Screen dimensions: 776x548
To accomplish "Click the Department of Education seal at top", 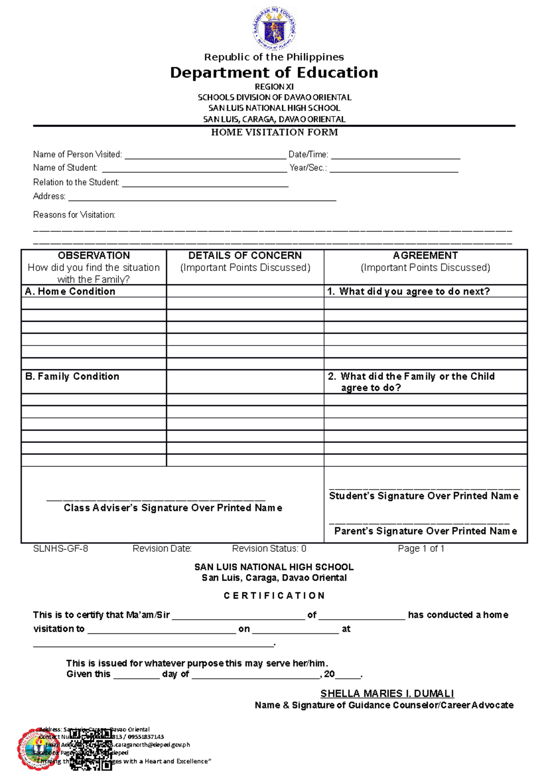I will pyautogui.click(x=274, y=28).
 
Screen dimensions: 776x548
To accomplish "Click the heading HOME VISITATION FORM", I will pyautogui.click(x=274, y=133).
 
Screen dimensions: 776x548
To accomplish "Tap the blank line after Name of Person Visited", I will pyautogui.click(x=205, y=155).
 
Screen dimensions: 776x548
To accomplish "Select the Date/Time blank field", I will pyautogui.click(x=395, y=155).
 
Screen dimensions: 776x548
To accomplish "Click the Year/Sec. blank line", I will pyautogui.click(x=394, y=169).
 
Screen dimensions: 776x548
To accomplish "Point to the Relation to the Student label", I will pyautogui.click(x=76, y=182).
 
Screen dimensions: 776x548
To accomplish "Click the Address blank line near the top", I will pyautogui.click(x=202, y=197).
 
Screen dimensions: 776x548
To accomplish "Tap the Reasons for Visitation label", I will pyautogui.click(x=74, y=215).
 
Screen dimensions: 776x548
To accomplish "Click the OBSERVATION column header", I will pyautogui.click(x=94, y=255).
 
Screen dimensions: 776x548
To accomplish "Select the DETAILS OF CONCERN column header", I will pyautogui.click(x=245, y=255).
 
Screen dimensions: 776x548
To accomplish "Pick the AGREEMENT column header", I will pyautogui.click(x=425, y=255).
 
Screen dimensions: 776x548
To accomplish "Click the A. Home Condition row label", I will pyautogui.click(x=70, y=292).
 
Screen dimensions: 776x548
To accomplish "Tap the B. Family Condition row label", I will pyautogui.click(x=72, y=377).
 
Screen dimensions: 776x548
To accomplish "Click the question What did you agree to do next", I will pyautogui.click(x=409, y=292).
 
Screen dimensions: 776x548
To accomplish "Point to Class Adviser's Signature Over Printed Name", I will pyautogui.click(x=173, y=508).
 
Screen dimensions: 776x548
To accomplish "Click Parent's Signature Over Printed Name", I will pyautogui.click(x=426, y=531).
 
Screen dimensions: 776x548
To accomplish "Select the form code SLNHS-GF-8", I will pyautogui.click(x=61, y=549).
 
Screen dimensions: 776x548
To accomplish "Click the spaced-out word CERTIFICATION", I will pyautogui.click(x=274, y=596).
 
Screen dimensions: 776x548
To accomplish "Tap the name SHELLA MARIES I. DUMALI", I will pyautogui.click(x=387, y=694).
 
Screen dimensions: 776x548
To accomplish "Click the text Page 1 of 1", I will pyautogui.click(x=421, y=549).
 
